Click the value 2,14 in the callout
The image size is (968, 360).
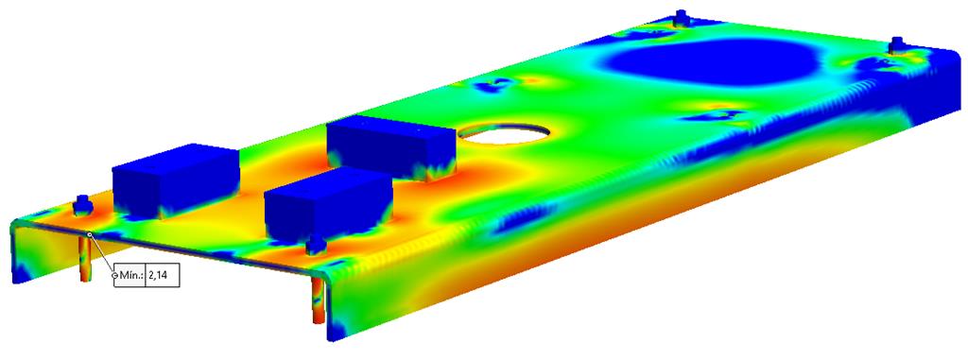coord(157,276)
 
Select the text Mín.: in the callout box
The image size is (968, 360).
coord(130,276)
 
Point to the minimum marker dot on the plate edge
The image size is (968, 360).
coord(90,234)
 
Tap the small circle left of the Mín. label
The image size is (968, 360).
coord(114,276)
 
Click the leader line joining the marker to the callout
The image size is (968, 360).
coord(102,254)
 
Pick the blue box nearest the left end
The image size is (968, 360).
coord(175,180)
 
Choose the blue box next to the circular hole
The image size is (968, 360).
coord(391,148)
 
